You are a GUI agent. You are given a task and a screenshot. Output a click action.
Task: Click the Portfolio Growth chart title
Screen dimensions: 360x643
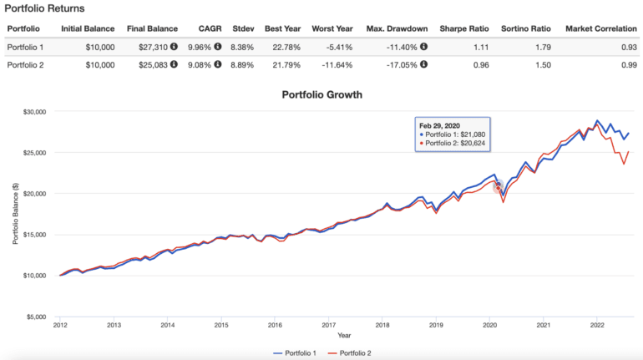click(x=321, y=94)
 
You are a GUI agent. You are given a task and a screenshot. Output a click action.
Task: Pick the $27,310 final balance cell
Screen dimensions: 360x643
click(x=148, y=46)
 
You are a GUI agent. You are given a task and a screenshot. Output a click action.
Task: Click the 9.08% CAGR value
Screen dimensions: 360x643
click(x=200, y=64)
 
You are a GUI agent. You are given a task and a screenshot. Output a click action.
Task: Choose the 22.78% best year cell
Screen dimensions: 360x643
click(x=283, y=46)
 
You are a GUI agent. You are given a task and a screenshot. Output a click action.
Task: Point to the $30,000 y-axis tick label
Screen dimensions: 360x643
click(x=33, y=111)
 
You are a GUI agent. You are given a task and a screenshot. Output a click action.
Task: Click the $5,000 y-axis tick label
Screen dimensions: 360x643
click(x=35, y=317)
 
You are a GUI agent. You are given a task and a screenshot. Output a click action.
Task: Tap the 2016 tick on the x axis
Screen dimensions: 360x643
click(x=275, y=326)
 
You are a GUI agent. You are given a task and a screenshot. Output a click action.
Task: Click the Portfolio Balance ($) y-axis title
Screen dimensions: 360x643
click(x=15, y=213)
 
